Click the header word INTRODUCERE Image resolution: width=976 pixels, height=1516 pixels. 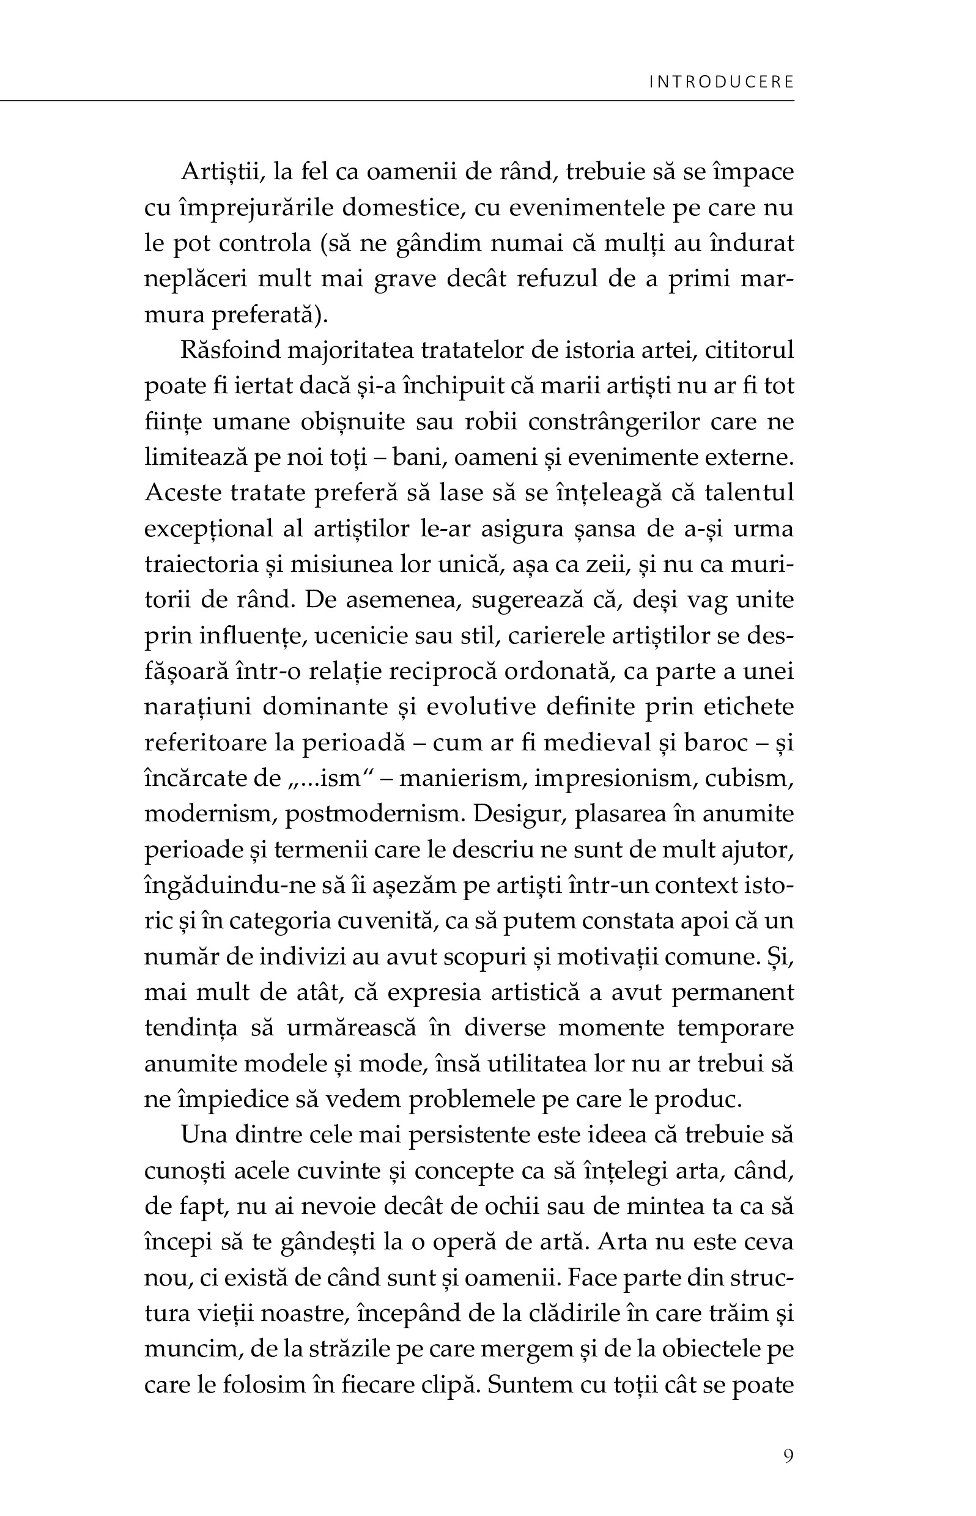coord(721,83)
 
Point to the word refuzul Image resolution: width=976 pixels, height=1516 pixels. coord(557,279)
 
